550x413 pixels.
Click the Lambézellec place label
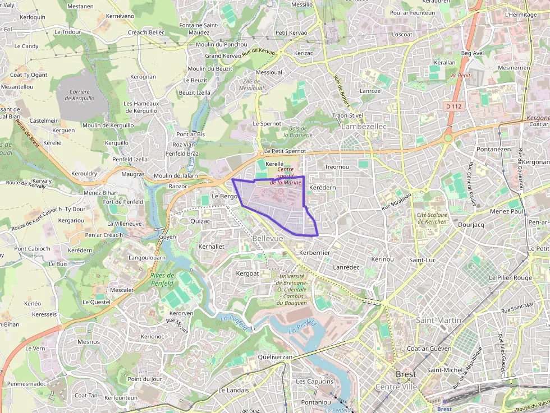pos(364,127)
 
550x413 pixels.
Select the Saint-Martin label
pos(438,320)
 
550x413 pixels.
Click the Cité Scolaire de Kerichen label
pos(432,218)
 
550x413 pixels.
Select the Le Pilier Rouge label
pos(510,277)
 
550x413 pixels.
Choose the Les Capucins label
pos(315,382)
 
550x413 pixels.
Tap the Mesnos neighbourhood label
pos(89,342)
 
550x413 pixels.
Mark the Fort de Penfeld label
pos(122,202)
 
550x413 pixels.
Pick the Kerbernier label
pos(315,253)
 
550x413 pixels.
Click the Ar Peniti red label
pos(461,75)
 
